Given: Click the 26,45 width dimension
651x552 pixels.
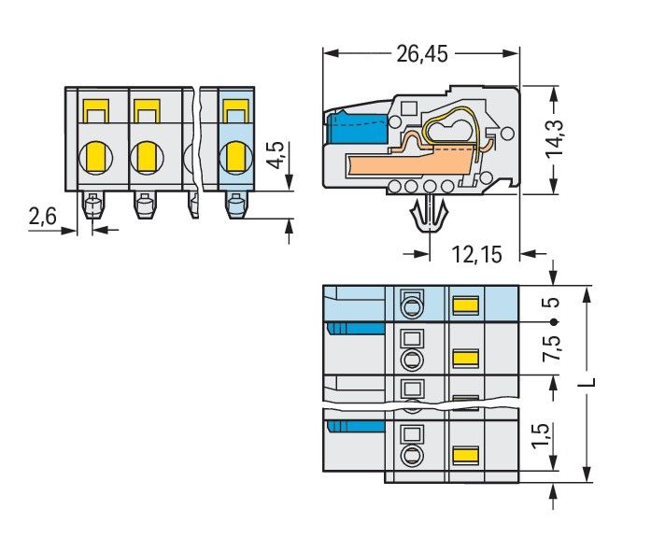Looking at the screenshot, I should [x=420, y=54].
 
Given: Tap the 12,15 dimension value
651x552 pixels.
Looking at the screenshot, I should [x=476, y=253].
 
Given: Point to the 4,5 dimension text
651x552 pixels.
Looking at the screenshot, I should [x=275, y=154].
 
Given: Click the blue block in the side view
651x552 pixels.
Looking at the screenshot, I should [x=358, y=128].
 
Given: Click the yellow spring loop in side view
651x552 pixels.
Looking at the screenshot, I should [x=445, y=131].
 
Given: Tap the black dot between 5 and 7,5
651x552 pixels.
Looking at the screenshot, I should [x=553, y=322].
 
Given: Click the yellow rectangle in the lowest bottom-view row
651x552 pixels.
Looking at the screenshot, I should [x=465, y=454].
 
